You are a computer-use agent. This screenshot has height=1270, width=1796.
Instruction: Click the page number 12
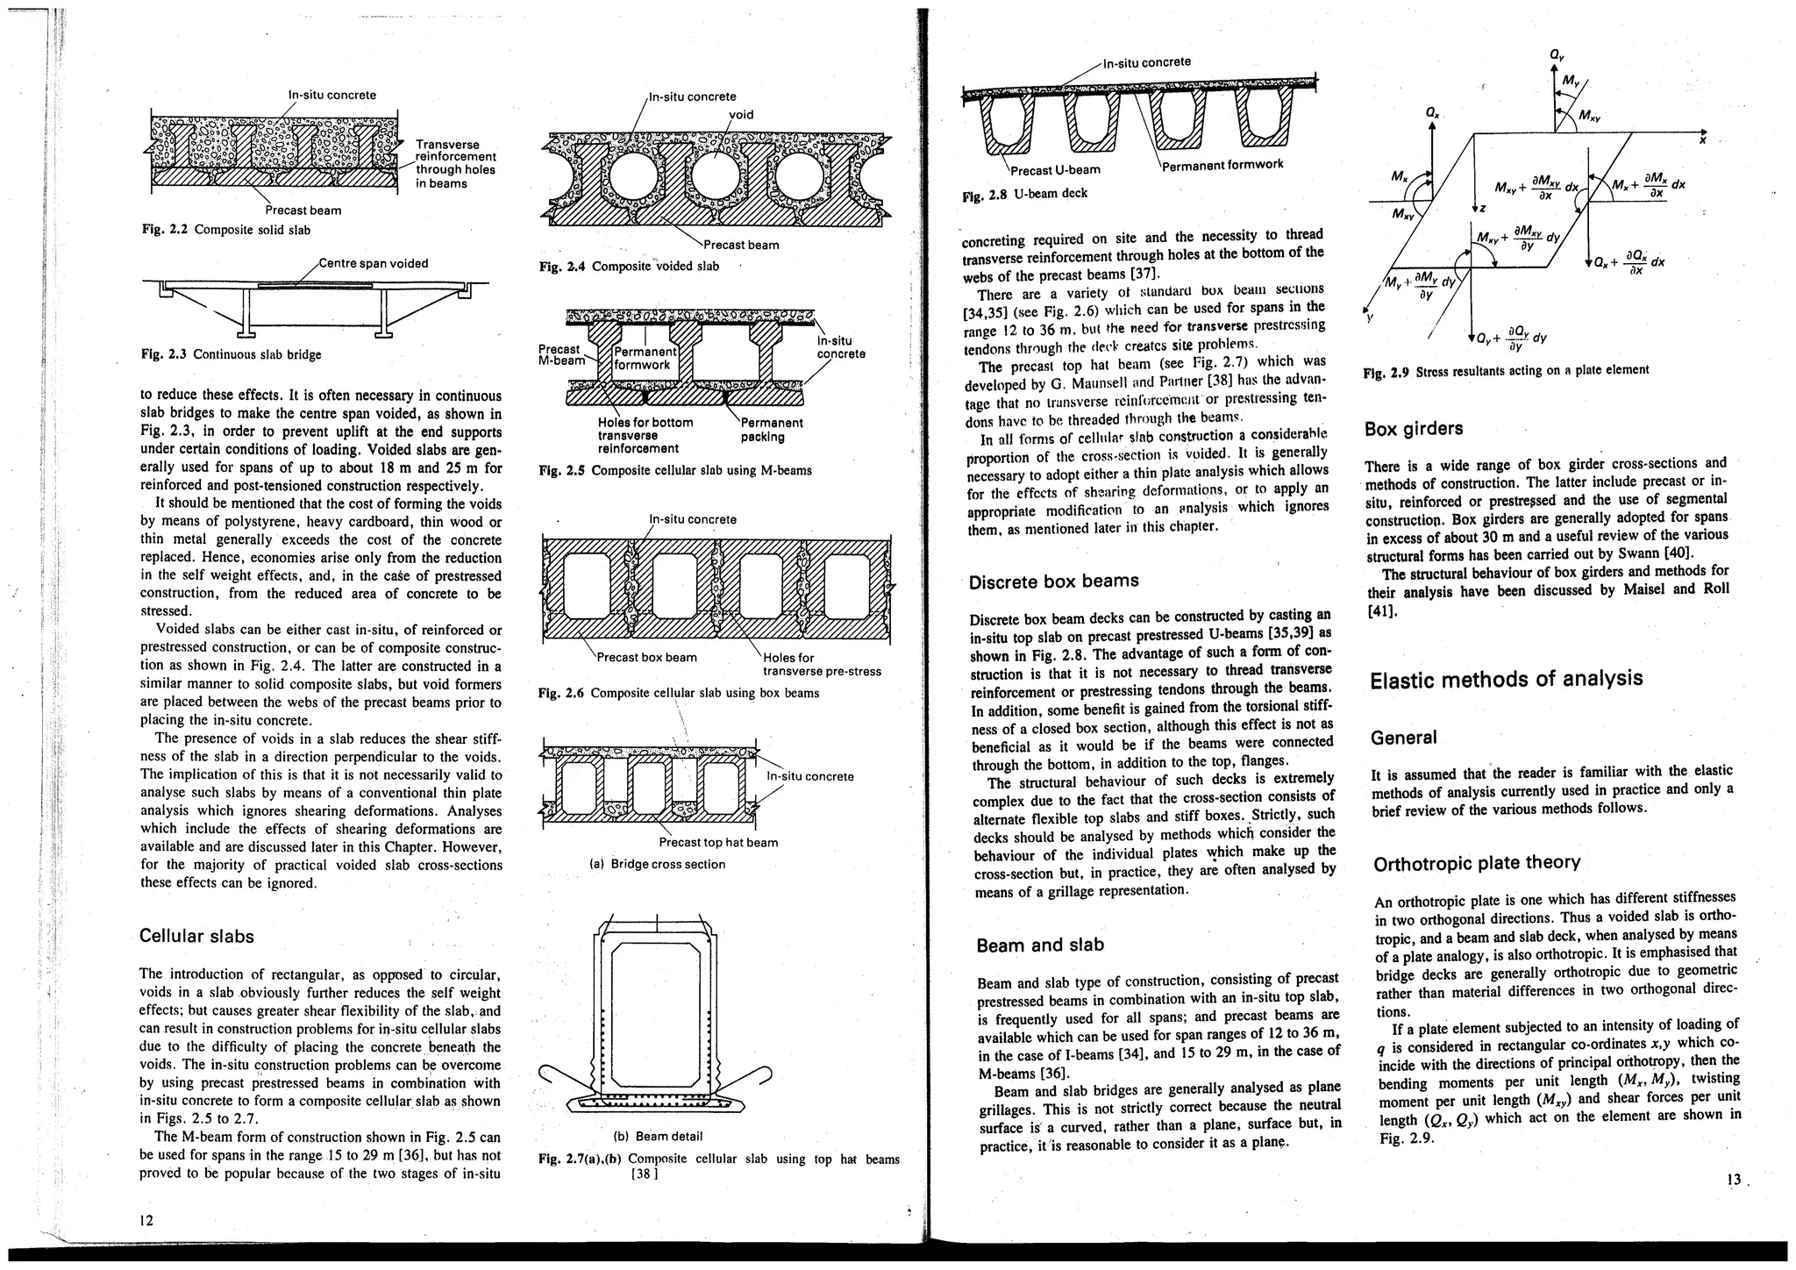[x=146, y=1219]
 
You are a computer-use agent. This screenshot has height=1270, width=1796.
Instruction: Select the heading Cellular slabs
[x=196, y=936]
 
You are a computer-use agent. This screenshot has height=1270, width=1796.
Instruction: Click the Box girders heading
[x=1414, y=429]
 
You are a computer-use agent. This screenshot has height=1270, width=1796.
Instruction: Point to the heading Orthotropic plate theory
[x=1476, y=863]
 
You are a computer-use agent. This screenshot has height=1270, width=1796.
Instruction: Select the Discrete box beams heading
[x=1053, y=581]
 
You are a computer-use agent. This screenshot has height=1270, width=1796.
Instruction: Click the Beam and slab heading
[x=1039, y=945]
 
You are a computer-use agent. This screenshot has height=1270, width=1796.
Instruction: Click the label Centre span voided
[x=373, y=263]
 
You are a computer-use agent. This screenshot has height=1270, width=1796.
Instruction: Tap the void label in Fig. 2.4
[x=741, y=114]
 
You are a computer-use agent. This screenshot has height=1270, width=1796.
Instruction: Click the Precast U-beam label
[x=1055, y=169]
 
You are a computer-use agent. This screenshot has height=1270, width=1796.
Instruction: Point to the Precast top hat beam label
[x=717, y=843]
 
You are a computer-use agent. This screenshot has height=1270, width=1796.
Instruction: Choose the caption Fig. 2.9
[x=1506, y=371]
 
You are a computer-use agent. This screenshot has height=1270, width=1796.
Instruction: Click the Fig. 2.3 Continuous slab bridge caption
[x=231, y=354]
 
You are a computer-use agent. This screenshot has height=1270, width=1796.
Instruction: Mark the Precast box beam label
[x=646, y=658]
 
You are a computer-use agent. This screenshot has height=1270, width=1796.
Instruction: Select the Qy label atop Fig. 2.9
[x=1556, y=55]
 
